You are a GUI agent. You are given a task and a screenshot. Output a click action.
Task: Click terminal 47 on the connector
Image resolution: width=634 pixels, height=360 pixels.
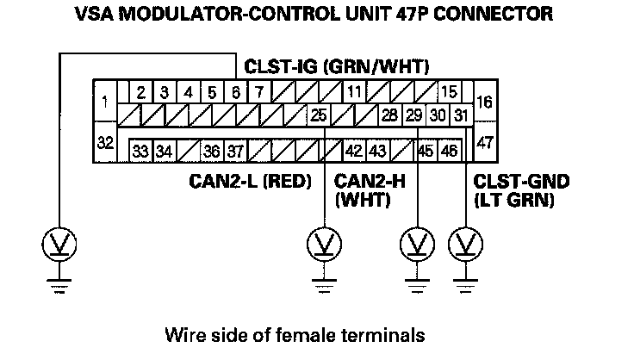484,143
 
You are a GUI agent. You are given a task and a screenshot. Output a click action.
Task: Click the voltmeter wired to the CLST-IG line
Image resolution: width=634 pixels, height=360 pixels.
57,246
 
